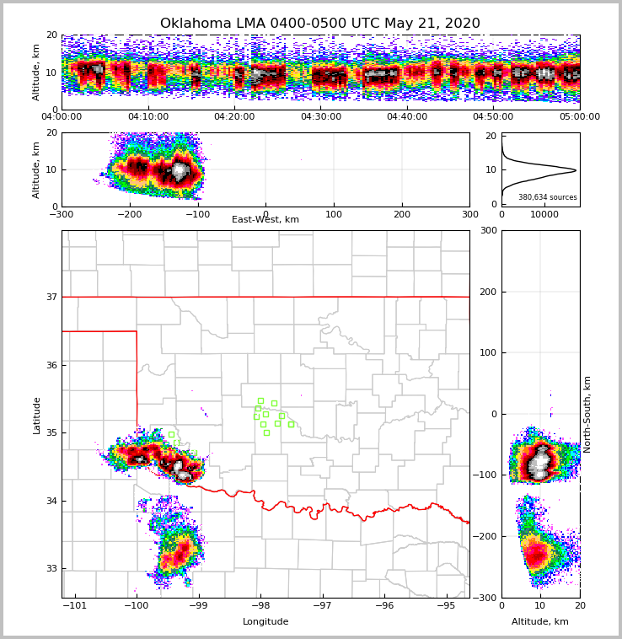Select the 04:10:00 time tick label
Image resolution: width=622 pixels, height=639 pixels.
(148, 117)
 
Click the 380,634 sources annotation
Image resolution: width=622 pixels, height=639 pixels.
(548, 197)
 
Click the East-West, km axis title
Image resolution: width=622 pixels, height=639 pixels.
(265, 220)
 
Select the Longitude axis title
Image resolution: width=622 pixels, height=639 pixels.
(265, 622)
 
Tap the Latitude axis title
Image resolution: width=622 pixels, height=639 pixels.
(37, 415)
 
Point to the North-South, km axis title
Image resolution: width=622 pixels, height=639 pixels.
(587, 414)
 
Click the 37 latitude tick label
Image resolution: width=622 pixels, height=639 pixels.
(52, 297)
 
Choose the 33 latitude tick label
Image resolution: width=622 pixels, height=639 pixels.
(52, 569)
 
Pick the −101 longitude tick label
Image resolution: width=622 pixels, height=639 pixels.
(76, 605)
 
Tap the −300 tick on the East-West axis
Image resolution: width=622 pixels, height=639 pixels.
(62, 214)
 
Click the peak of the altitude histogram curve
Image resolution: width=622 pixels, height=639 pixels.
(576, 170)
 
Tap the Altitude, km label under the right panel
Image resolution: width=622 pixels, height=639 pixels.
(540, 622)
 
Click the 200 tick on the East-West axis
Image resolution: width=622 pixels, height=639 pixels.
(402, 214)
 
